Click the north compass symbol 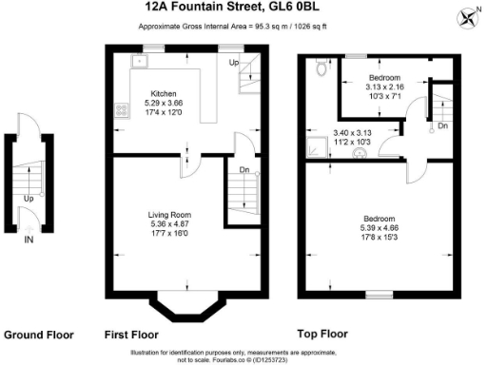tap(467, 16)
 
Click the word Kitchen tap(158, 93)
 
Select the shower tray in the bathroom tap(314, 146)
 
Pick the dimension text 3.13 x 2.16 tap(386, 85)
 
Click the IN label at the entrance tap(29, 239)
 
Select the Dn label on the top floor tap(442, 125)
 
